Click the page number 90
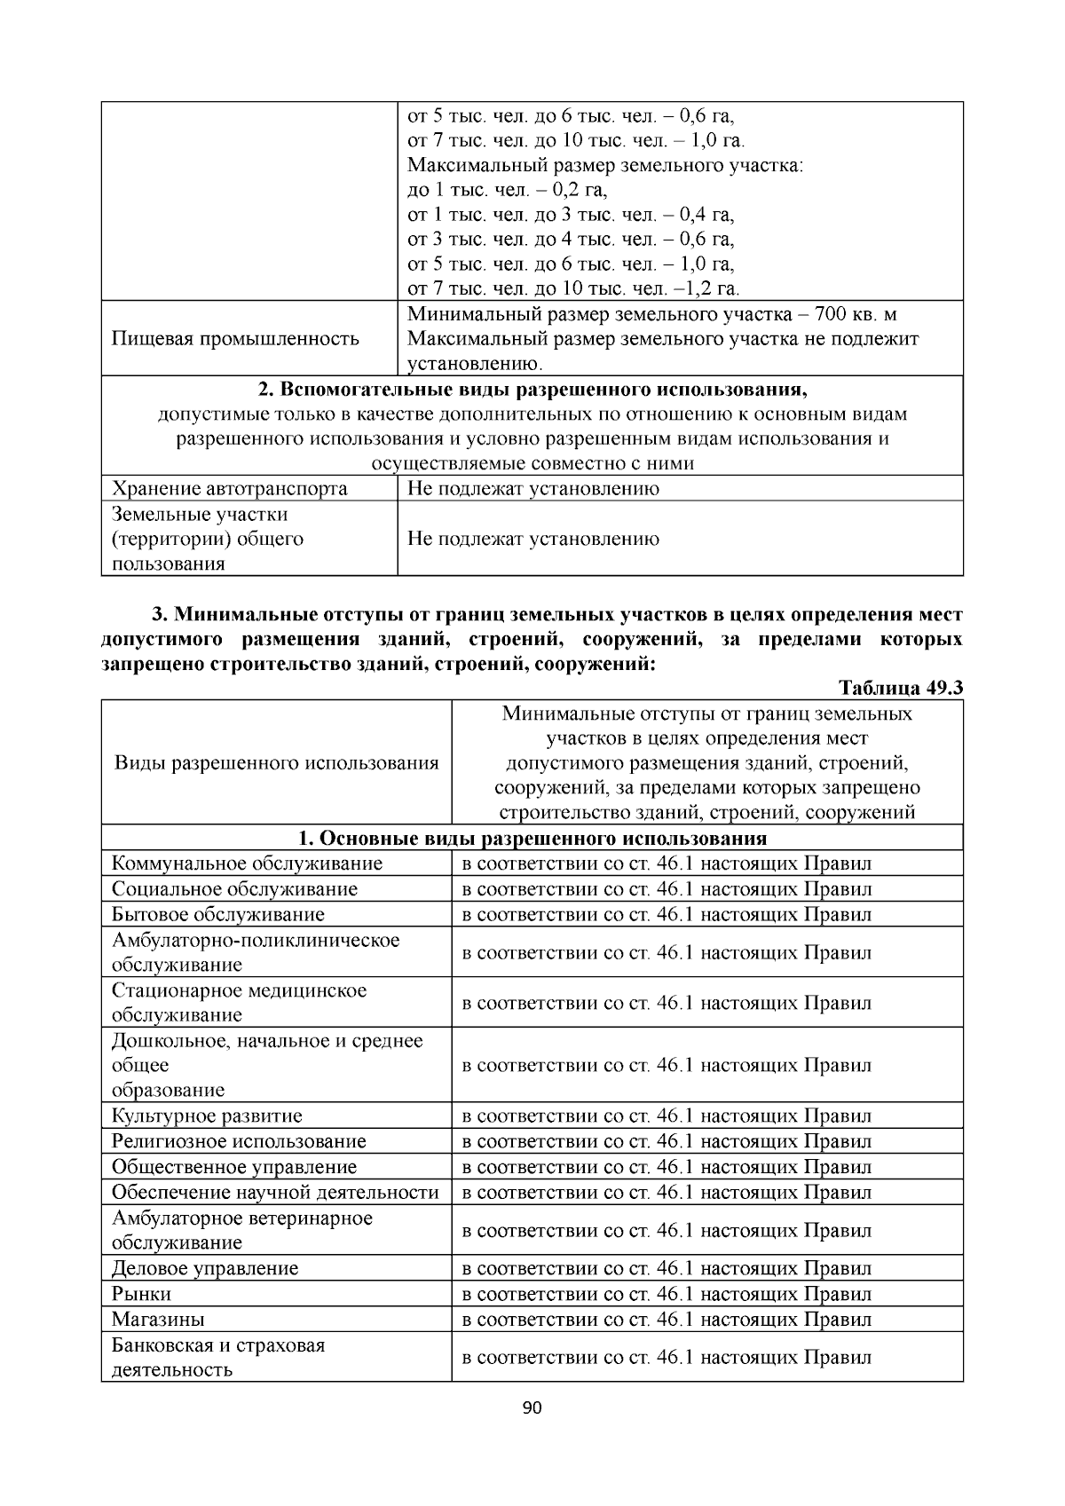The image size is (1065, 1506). coord(532,1408)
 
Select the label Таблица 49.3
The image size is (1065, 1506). coord(900,689)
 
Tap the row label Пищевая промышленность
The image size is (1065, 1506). coord(235,338)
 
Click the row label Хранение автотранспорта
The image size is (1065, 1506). coord(229,488)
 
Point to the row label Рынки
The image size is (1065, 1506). coord(142,1294)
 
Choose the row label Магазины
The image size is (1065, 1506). coord(158,1319)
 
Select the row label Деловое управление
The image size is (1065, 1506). coord(205,1268)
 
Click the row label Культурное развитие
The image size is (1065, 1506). coord(207,1116)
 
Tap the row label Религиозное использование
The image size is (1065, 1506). coord(239,1141)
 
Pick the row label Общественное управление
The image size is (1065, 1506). coord(234,1167)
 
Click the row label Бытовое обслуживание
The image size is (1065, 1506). coord(218,914)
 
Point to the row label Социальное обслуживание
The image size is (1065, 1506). coord(234,888)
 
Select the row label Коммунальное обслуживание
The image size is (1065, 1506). coord(247,863)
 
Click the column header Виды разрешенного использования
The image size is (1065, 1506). coord(276,763)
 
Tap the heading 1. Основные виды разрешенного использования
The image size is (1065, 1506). coord(532,839)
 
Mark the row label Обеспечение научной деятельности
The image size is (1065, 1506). coord(275,1192)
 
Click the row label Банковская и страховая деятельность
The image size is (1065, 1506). coord(218,1357)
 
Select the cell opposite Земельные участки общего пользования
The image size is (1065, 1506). coord(532,539)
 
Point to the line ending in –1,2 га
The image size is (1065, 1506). coord(573,288)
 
